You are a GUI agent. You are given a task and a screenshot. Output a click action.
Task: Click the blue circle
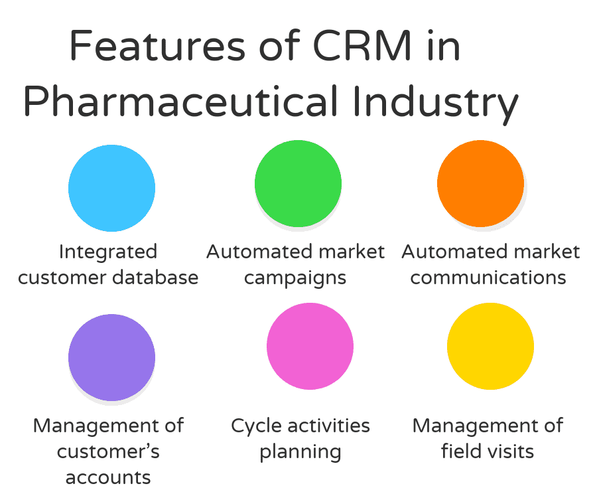click(111, 188)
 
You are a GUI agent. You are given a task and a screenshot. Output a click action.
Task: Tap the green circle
click(298, 184)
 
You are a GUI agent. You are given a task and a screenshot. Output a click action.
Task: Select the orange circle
click(480, 183)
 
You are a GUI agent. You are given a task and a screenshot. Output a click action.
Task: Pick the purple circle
click(111, 357)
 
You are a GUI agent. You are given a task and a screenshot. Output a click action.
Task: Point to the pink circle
click(310, 346)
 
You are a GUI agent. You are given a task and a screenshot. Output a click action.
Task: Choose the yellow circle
click(490, 346)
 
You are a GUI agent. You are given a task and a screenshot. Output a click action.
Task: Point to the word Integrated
click(108, 252)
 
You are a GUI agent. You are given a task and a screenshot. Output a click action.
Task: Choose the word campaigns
click(295, 278)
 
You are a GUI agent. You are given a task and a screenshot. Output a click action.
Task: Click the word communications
click(488, 277)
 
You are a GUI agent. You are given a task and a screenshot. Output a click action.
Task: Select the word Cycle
click(257, 426)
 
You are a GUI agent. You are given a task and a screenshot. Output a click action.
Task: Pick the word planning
click(300, 452)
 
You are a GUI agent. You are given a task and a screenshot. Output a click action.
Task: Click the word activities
click(330, 426)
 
